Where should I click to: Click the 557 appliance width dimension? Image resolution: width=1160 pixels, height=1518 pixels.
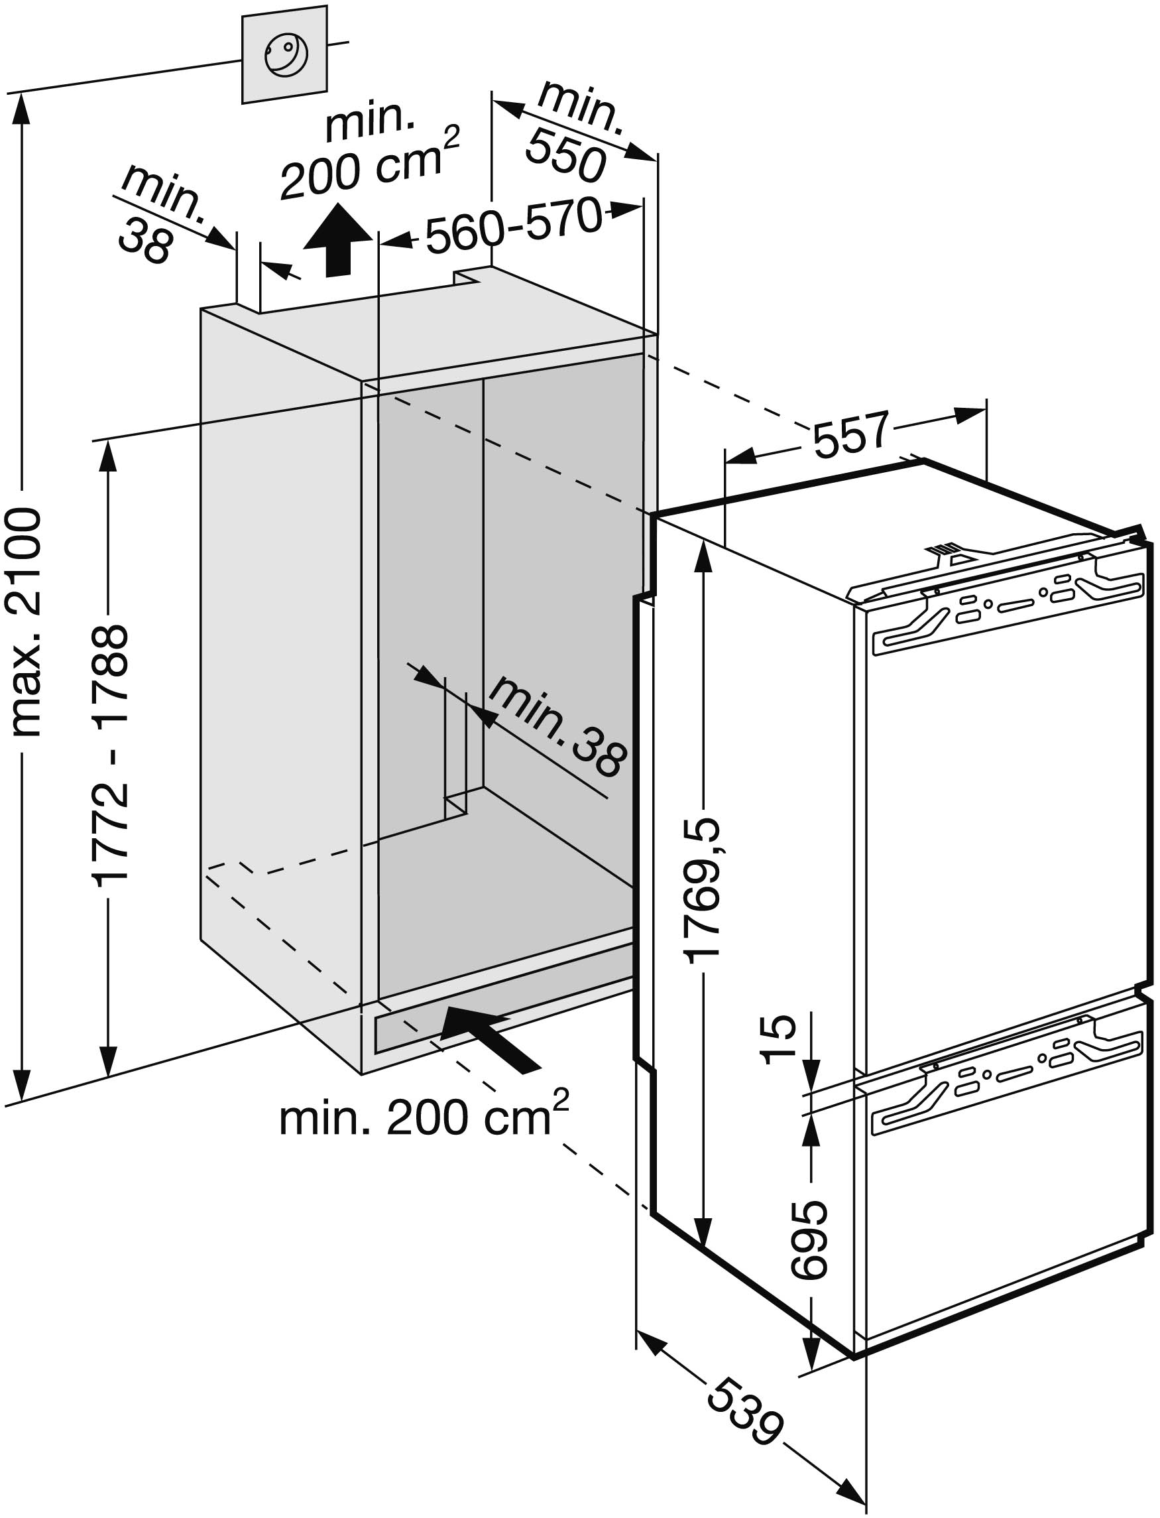click(849, 434)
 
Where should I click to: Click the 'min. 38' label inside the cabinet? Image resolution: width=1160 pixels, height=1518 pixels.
click(559, 726)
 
